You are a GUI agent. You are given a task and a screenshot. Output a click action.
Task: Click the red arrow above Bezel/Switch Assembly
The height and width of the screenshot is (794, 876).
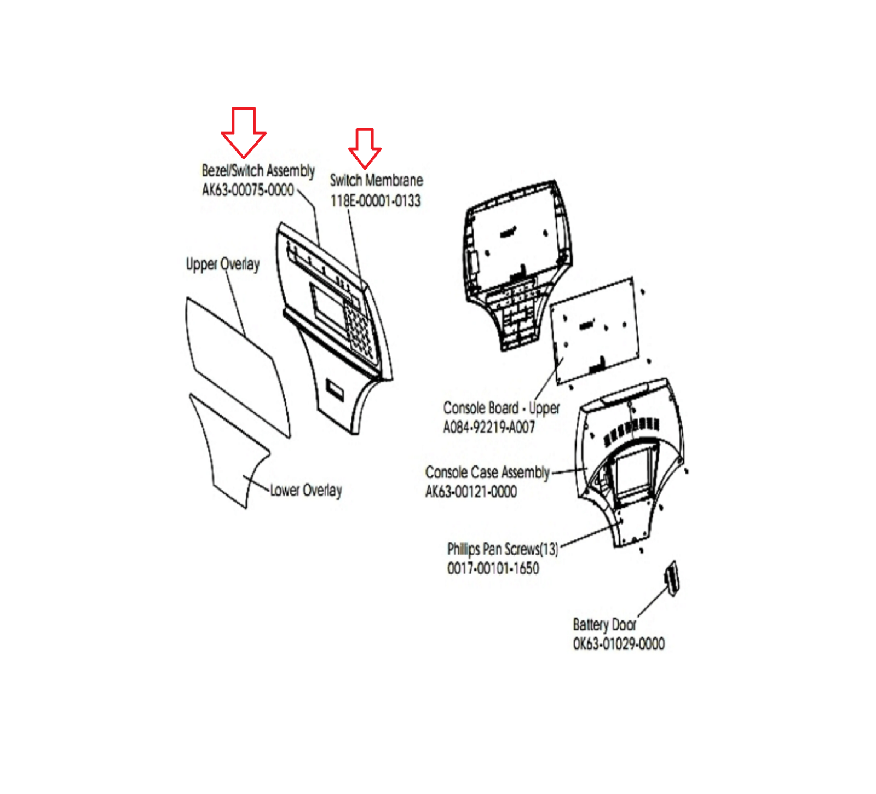[x=244, y=131]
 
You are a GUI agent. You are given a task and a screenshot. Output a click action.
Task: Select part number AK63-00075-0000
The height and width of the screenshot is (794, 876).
[x=248, y=190]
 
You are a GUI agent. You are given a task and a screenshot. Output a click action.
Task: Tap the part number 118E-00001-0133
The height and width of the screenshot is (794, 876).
[x=376, y=201]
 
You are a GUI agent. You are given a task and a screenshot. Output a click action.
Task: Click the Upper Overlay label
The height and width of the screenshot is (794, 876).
[x=223, y=264]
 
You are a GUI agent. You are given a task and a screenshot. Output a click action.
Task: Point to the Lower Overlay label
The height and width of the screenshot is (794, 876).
[x=306, y=490]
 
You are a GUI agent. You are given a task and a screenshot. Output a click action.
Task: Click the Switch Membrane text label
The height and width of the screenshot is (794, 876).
[x=377, y=180]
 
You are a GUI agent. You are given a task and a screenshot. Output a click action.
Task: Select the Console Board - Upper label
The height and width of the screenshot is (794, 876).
[x=502, y=408]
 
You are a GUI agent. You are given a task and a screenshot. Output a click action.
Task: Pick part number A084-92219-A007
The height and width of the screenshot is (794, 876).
[x=489, y=427]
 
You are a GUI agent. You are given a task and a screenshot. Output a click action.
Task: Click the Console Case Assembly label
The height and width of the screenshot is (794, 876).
[x=487, y=472]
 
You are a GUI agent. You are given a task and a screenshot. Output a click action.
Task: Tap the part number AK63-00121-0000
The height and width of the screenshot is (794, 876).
[x=471, y=492]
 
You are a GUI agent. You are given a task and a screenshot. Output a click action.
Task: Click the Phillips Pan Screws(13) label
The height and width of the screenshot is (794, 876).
[x=503, y=549]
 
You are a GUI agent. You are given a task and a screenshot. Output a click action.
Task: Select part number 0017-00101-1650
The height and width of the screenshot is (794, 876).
[x=493, y=568]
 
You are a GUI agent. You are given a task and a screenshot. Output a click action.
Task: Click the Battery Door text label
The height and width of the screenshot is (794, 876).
[x=604, y=624]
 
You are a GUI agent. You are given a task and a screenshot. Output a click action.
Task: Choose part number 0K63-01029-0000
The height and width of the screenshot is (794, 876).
[x=619, y=644]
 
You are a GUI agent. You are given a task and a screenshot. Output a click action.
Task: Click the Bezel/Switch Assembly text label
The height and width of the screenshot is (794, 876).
[x=258, y=170]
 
